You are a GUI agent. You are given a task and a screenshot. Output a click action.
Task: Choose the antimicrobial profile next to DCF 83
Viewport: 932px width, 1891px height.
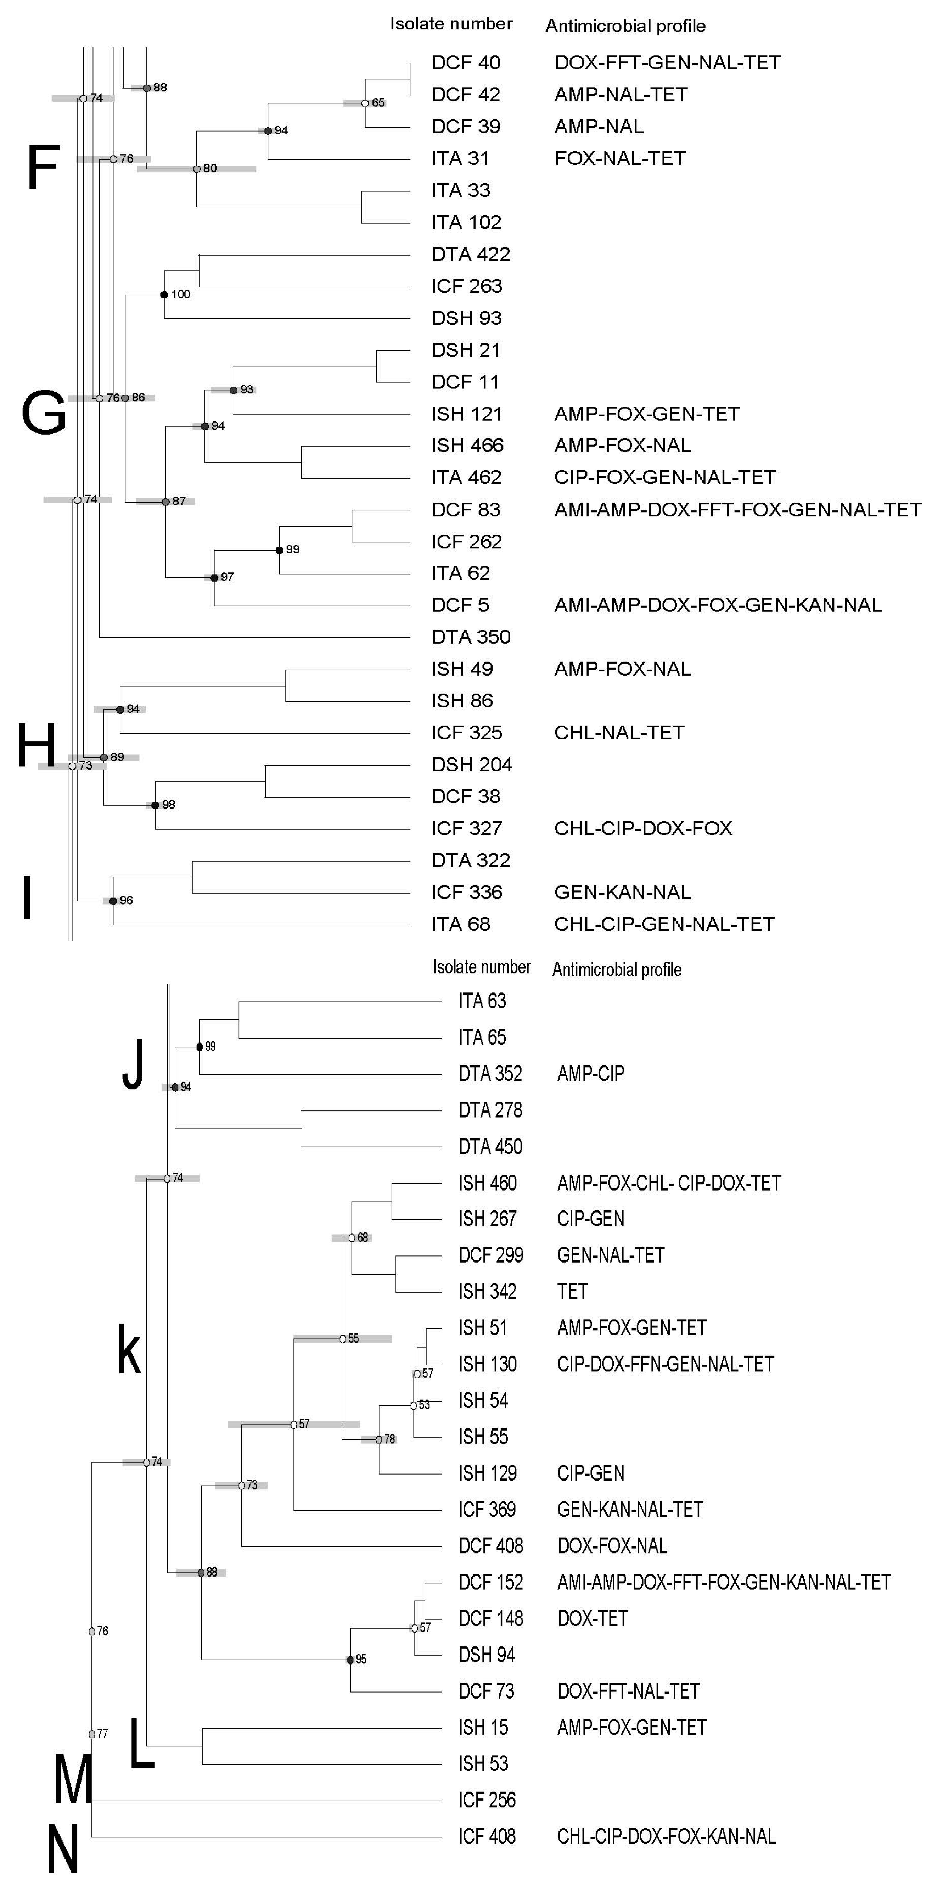[x=737, y=509]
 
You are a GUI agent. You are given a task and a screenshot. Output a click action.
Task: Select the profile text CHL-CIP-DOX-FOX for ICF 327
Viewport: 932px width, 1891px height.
[x=643, y=828]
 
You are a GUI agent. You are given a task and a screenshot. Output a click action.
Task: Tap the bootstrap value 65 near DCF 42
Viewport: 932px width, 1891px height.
[x=378, y=103]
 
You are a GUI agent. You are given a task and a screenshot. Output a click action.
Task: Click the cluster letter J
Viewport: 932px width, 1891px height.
[x=133, y=1064]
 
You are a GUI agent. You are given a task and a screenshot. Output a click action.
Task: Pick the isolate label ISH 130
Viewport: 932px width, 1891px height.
[x=487, y=1364]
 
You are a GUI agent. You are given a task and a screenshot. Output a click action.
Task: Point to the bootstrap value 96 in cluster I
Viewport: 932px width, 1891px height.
[x=126, y=901]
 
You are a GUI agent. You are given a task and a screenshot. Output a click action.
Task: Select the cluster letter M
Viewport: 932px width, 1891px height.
[x=73, y=1780]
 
